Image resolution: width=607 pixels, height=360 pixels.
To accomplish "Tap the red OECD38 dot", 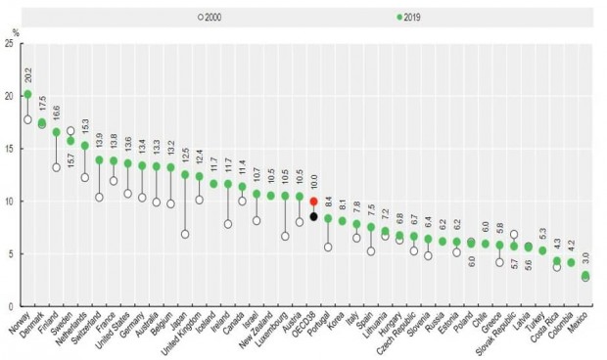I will coord(313,202).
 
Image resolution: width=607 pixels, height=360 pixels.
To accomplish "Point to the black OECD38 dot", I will coord(313,216).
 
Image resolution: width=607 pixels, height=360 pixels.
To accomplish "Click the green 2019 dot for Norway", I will coord(27,95).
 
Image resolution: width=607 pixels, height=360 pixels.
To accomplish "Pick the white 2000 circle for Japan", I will coord(185,234).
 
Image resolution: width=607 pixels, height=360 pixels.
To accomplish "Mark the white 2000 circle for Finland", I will coord(56,167).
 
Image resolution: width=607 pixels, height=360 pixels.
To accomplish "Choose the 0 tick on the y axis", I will coord(12,306).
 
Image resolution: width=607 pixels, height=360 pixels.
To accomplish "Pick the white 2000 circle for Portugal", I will coord(328,247).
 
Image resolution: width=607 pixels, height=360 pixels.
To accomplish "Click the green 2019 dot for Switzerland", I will coord(99,159).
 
